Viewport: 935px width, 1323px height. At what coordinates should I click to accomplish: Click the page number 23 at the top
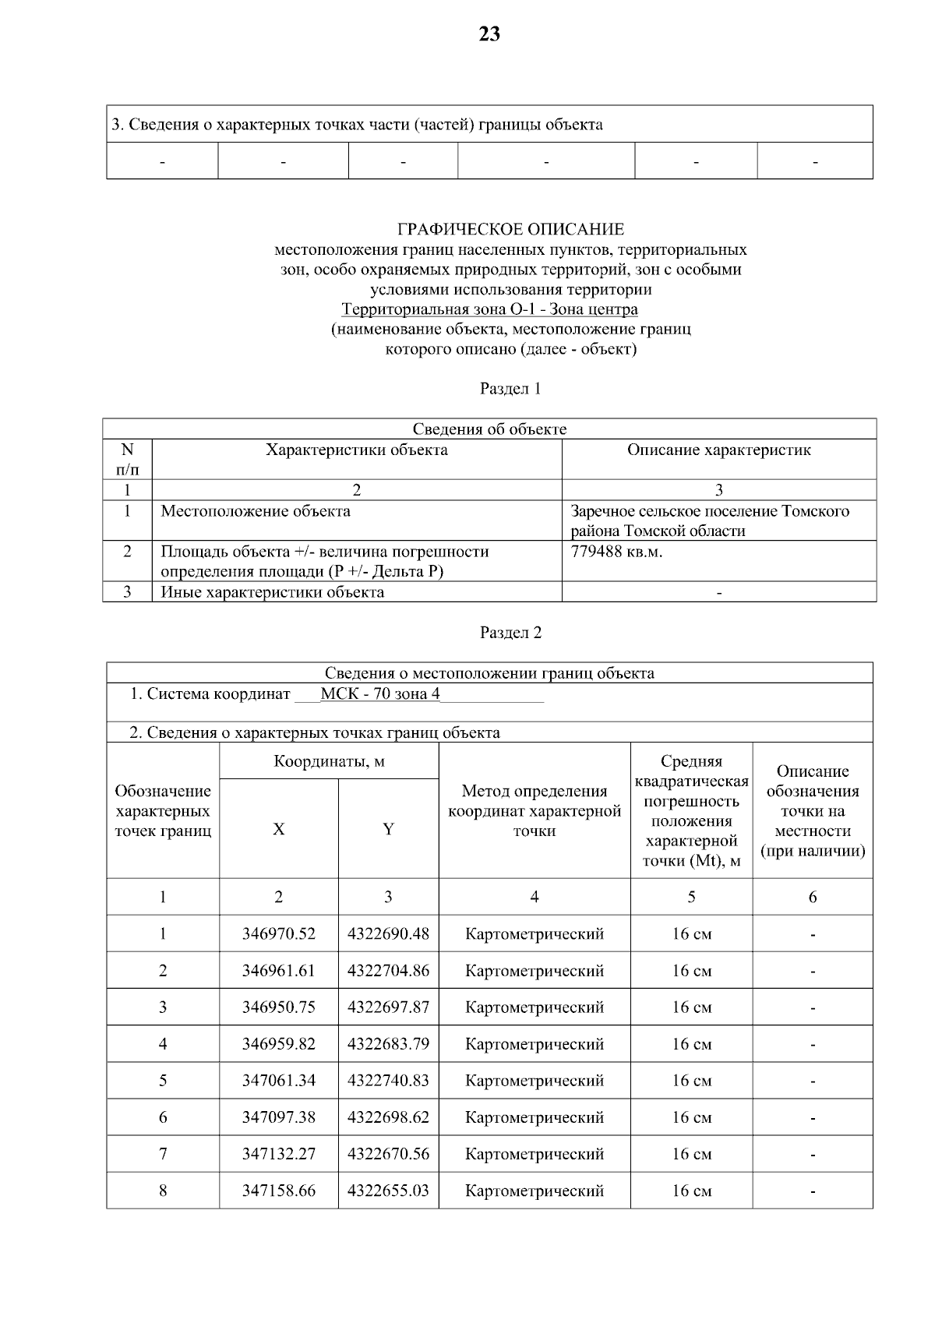[x=489, y=34]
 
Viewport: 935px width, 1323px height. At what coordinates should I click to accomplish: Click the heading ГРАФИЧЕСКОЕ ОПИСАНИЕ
[x=510, y=229]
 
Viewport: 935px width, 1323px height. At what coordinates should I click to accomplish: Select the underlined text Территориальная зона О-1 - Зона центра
[x=489, y=309]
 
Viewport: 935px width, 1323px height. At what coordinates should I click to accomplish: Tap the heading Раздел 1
[x=510, y=388]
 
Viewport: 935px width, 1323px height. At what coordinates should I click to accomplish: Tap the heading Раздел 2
[x=510, y=632]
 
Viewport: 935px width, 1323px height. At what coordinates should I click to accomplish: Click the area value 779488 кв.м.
[x=616, y=552]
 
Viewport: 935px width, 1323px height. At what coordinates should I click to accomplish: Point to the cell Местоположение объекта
[x=256, y=511]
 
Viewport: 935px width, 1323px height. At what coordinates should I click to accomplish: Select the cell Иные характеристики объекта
[x=272, y=592]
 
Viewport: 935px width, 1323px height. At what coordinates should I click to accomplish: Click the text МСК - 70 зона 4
[x=380, y=694]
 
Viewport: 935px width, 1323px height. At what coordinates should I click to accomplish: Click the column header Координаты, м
[x=329, y=761]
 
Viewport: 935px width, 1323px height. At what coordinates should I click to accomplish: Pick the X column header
[x=278, y=829]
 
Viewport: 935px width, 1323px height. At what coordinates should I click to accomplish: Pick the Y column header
[x=388, y=829]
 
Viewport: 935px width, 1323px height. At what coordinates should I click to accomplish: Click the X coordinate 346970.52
[x=278, y=933]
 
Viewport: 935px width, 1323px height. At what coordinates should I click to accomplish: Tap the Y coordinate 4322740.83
[x=388, y=1081]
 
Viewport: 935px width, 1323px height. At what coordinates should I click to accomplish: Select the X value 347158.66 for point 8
[x=278, y=1191]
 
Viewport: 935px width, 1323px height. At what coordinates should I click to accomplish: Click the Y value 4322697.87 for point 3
[x=388, y=1007]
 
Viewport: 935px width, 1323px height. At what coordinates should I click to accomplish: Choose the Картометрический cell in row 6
[x=534, y=1117]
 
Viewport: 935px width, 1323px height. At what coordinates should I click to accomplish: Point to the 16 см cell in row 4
[x=691, y=1044]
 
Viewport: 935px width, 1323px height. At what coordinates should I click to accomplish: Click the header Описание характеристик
[x=718, y=450]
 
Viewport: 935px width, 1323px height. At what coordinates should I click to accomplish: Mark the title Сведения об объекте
[x=489, y=429]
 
